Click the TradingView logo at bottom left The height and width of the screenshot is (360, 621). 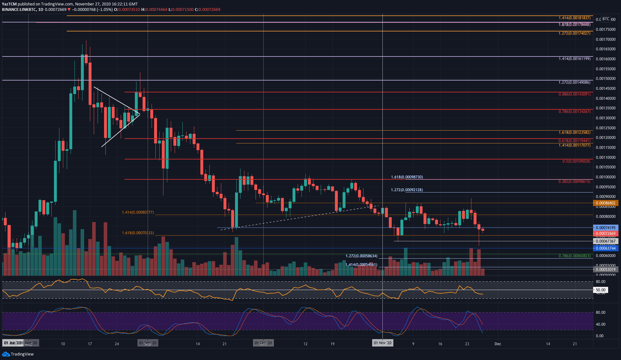click(18, 354)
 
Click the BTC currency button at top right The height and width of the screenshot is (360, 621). click(606, 19)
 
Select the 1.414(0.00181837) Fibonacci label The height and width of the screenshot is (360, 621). click(574, 18)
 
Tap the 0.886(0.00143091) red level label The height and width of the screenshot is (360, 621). click(574, 94)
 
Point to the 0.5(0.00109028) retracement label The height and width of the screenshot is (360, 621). click(576, 161)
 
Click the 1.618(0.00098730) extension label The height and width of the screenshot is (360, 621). click(407, 177)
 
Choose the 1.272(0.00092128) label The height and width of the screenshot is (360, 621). click(407, 190)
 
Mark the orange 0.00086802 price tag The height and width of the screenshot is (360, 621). click(605, 203)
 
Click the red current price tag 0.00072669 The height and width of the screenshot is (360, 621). click(605, 234)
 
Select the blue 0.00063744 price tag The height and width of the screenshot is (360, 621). click(605, 248)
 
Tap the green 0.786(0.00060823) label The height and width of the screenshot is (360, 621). click(574, 256)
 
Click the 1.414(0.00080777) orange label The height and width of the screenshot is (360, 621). click(138, 212)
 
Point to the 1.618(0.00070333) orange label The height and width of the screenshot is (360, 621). click(138, 233)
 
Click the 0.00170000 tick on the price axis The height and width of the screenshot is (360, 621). click(605, 39)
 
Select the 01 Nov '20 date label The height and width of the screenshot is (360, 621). click(382, 343)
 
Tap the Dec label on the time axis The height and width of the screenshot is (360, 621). click(497, 344)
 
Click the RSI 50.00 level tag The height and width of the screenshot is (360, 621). click(600, 290)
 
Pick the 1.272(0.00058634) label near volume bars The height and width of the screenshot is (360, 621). click(361, 256)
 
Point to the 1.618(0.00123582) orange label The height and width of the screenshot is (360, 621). click(574, 133)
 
